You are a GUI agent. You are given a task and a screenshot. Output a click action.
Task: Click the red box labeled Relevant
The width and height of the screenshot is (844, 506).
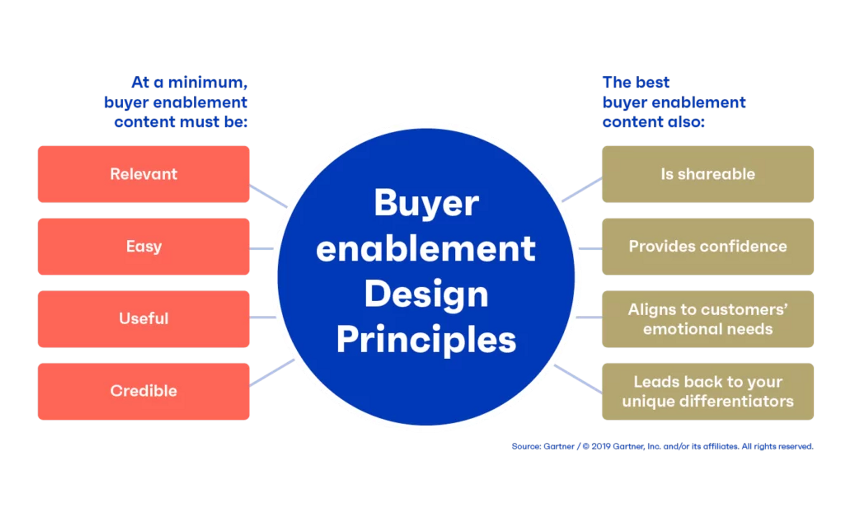(x=143, y=174)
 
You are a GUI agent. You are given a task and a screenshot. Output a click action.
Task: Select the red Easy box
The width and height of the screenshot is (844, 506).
(x=143, y=246)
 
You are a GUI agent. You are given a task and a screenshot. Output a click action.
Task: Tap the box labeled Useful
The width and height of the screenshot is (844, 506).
(x=143, y=319)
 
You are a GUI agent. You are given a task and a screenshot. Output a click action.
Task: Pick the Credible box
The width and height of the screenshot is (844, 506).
(x=143, y=391)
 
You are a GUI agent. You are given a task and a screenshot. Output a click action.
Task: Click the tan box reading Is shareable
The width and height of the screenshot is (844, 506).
(x=708, y=174)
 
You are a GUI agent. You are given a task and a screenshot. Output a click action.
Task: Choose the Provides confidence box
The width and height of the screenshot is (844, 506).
(x=708, y=246)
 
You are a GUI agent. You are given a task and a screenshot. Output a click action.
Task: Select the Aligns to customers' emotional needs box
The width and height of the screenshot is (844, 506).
(x=708, y=319)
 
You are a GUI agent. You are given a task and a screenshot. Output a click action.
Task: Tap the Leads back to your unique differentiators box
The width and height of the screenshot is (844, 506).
(x=708, y=392)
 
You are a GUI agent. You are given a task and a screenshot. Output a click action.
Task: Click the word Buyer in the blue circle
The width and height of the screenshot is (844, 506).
(x=426, y=204)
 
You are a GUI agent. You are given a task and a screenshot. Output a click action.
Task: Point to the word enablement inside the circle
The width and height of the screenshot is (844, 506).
(x=426, y=249)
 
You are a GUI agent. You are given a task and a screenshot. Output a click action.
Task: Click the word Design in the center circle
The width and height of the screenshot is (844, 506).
(x=426, y=295)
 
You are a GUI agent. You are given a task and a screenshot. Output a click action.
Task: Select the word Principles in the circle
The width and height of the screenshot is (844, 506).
(x=426, y=340)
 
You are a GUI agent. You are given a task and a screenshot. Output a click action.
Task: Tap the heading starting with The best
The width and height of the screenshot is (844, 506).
(x=673, y=102)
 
